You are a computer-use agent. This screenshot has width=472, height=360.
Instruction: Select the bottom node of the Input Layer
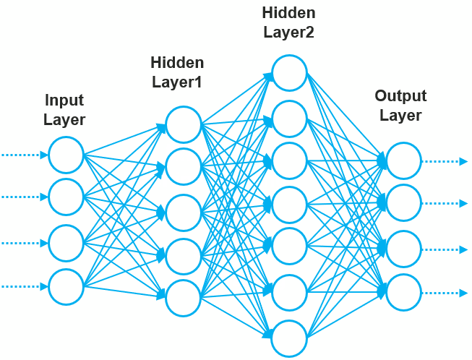[x=66, y=287]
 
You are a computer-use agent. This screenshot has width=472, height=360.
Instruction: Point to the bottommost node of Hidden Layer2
[x=289, y=338]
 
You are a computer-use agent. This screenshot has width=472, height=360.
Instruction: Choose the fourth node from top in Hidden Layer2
[x=289, y=205]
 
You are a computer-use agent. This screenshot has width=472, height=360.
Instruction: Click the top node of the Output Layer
[x=403, y=160]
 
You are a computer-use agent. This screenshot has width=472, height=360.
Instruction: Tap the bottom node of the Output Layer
[x=403, y=293]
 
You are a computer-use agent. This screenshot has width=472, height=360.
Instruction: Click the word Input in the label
[x=64, y=100]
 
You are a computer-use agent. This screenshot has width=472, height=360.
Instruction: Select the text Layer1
[x=177, y=82]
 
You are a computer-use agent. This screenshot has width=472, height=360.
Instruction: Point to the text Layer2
[x=288, y=32]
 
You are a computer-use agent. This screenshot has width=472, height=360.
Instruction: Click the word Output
[x=400, y=96]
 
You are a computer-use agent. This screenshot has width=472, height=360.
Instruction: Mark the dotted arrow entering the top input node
[x=23, y=154]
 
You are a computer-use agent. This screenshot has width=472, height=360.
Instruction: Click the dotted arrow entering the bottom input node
[x=23, y=287]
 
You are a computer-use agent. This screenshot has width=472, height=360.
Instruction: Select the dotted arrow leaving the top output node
[x=445, y=161]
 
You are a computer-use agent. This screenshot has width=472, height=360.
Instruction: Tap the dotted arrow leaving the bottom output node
[x=445, y=293]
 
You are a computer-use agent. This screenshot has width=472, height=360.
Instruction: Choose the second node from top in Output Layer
[x=403, y=203]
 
